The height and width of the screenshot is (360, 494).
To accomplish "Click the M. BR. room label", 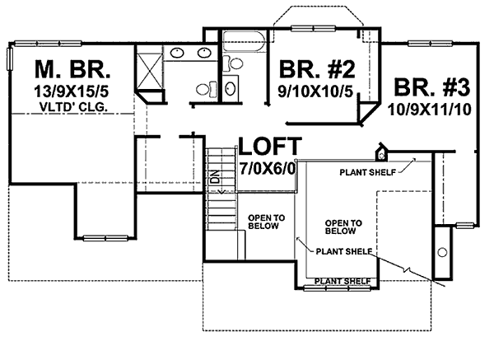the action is coord(72,69).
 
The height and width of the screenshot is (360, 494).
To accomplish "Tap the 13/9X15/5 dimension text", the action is coord(71,91).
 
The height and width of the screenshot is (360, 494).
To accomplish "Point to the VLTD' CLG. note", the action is coord(73,107).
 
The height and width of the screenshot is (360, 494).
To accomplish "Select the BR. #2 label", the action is coord(317,69).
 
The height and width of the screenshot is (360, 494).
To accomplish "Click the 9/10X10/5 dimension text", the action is coord(315,91).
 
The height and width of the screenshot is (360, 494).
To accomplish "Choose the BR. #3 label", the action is coord(432,87).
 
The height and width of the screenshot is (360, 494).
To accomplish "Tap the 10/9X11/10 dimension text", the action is coord(430,110).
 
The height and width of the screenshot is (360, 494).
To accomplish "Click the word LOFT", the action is coord(270,146).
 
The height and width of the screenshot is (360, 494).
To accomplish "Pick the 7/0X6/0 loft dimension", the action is coord(268,169).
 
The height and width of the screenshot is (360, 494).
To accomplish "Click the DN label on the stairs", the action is coord(215,177).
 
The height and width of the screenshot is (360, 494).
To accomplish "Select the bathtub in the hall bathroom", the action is coord(243,41).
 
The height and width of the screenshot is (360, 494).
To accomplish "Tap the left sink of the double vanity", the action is coord(177,53).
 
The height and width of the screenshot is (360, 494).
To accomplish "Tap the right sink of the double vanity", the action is coord(204,53).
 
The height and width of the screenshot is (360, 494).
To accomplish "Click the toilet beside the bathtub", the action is coord(234,63).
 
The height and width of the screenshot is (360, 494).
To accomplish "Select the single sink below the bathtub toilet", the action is coord(231,89).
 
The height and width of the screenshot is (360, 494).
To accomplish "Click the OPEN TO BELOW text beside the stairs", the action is coord(266,222).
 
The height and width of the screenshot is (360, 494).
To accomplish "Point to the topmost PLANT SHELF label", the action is coord(367,172).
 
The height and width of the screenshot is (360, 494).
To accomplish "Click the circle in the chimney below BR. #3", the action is coord(443,252).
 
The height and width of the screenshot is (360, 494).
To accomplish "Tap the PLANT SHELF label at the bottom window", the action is coord(343,281).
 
